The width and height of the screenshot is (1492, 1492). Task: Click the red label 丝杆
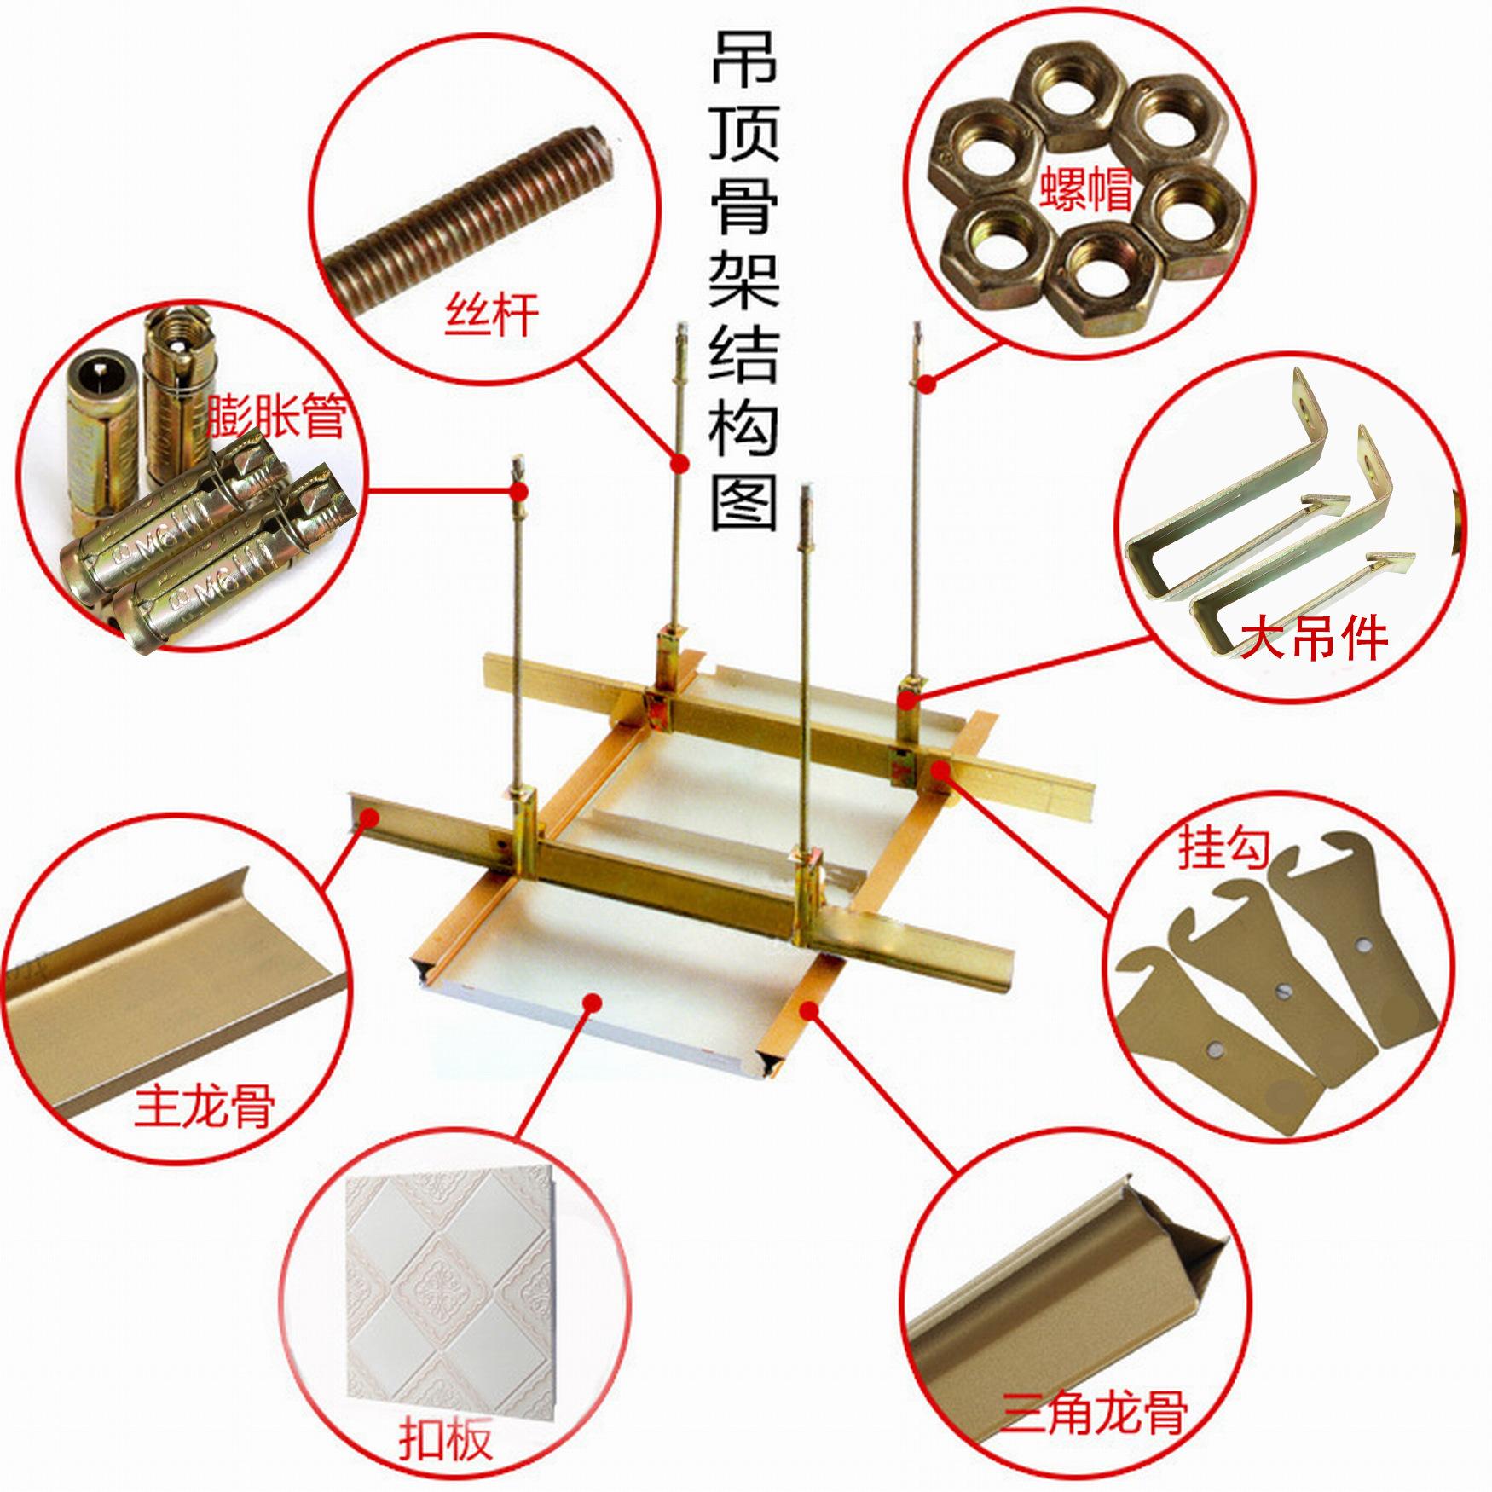[x=491, y=315]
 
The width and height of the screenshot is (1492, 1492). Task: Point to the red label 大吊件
[x=1313, y=637]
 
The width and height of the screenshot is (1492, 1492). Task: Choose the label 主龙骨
[x=205, y=1106]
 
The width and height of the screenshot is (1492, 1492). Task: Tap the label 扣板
[x=445, y=1441]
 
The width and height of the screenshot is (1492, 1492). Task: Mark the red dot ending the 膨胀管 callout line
[x=518, y=490]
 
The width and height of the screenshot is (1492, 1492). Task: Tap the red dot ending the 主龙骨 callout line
[x=369, y=816]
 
